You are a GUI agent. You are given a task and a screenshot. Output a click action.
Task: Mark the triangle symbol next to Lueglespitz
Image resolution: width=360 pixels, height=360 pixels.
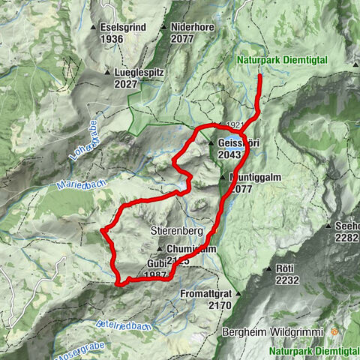109,73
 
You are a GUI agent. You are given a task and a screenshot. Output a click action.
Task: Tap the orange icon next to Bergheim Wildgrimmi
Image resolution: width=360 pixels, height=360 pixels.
334,331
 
